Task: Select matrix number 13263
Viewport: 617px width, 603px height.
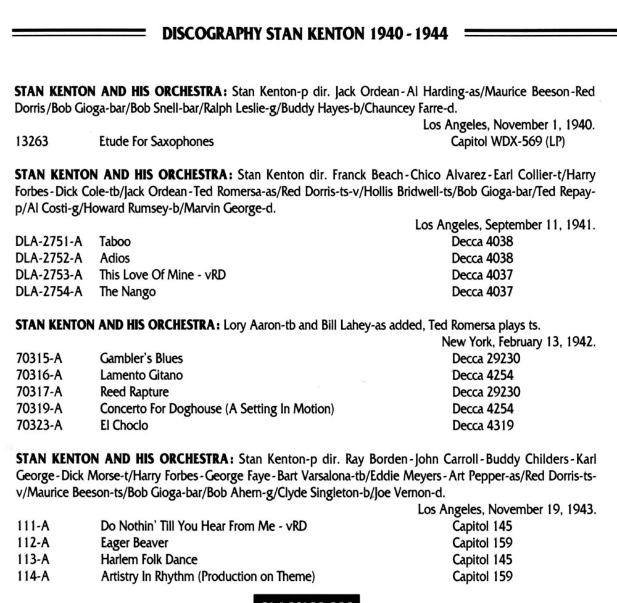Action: pyautogui.click(x=31, y=142)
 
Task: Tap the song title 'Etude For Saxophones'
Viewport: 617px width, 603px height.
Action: pyautogui.click(x=157, y=142)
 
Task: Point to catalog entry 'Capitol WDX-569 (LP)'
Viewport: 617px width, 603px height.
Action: pyautogui.click(x=508, y=142)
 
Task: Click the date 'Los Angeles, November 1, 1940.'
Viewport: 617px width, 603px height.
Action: pyautogui.click(x=509, y=125)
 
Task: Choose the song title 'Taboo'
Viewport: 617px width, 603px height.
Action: pyautogui.click(x=115, y=242)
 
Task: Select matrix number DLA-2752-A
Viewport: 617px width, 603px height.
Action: pyautogui.click(x=49, y=259)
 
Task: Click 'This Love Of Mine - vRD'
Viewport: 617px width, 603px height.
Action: pyautogui.click(x=163, y=275)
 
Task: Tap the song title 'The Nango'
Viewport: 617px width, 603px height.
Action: pyautogui.click(x=128, y=292)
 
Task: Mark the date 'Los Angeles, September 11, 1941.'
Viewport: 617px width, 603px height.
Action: pyautogui.click(x=505, y=225)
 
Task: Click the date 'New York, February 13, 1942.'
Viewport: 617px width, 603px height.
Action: pyautogui.click(x=518, y=342)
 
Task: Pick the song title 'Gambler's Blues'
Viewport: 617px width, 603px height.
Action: pyautogui.click(x=141, y=359)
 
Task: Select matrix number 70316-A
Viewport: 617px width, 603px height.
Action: pyautogui.click(x=38, y=375)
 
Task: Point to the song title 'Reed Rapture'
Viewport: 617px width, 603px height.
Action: pyautogui.click(x=135, y=392)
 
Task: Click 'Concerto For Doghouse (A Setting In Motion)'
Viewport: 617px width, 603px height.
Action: pyautogui.click(x=217, y=409)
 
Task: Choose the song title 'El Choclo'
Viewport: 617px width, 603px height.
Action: pyautogui.click(x=124, y=425)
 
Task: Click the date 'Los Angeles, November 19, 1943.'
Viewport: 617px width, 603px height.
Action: pyautogui.click(x=507, y=510)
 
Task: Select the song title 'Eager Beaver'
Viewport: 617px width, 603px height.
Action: pyautogui.click(x=135, y=543)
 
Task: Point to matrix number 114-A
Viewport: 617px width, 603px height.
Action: pyautogui.click(x=32, y=576)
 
